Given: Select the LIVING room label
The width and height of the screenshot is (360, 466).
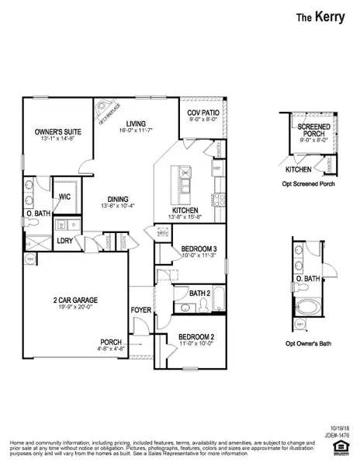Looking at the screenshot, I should (x=137, y=123).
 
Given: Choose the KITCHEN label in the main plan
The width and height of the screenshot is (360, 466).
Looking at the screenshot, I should (x=185, y=210).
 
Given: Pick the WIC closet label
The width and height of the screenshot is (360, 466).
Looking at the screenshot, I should (x=62, y=198).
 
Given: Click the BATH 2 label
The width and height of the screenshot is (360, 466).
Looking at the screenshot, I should (x=199, y=294).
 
